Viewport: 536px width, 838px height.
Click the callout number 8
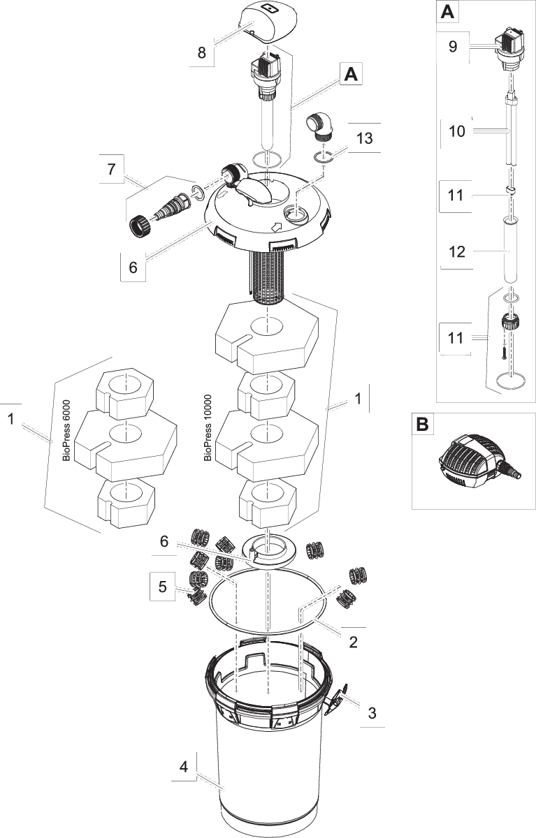[202, 54]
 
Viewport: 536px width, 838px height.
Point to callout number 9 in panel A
[452, 47]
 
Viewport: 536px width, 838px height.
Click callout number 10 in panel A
[456, 131]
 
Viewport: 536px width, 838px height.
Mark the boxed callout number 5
[162, 586]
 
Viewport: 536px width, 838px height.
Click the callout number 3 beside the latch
[372, 713]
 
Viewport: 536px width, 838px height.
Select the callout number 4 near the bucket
[184, 767]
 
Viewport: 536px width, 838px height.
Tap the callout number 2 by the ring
[354, 641]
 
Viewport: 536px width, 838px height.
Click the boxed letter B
[422, 425]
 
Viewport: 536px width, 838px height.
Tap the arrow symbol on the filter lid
[276, 226]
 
